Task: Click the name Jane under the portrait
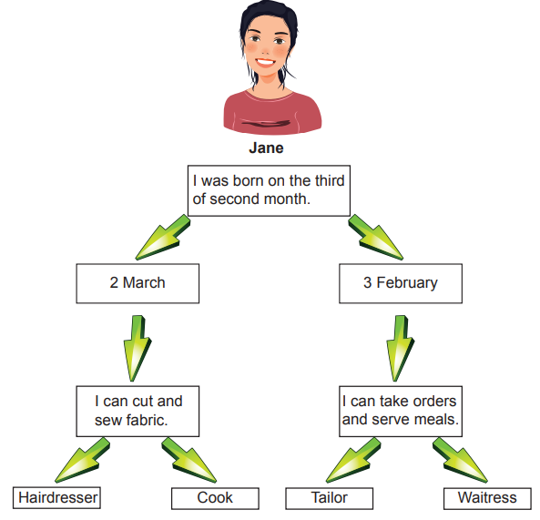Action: (266, 148)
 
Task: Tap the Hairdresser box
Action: (56, 497)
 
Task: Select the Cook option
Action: (215, 498)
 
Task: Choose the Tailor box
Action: (330, 498)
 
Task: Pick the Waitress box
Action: (487, 498)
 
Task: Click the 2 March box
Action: (138, 283)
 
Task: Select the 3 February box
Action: (401, 283)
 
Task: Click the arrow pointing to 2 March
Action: (163, 238)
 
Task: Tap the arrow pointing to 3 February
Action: (375, 238)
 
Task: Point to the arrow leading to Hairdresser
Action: (82, 461)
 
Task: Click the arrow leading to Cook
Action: (189, 461)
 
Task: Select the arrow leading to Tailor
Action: (353, 461)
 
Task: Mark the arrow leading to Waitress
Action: (460, 461)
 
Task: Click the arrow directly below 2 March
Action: (138, 349)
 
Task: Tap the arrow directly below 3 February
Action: (400, 349)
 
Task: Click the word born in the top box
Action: (248, 181)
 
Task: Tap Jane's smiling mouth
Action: (266, 63)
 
